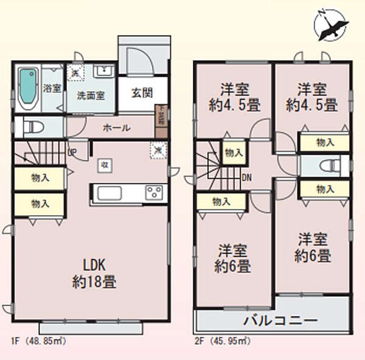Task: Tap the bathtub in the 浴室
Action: coord(26,89)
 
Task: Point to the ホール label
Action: coord(116,127)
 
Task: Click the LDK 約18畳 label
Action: coord(96,274)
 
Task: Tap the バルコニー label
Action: coord(280,320)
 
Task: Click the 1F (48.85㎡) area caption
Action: coord(38,342)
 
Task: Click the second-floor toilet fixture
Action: coord(328,165)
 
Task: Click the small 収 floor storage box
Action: coord(105,164)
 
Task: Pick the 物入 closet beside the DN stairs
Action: coord(232,153)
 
